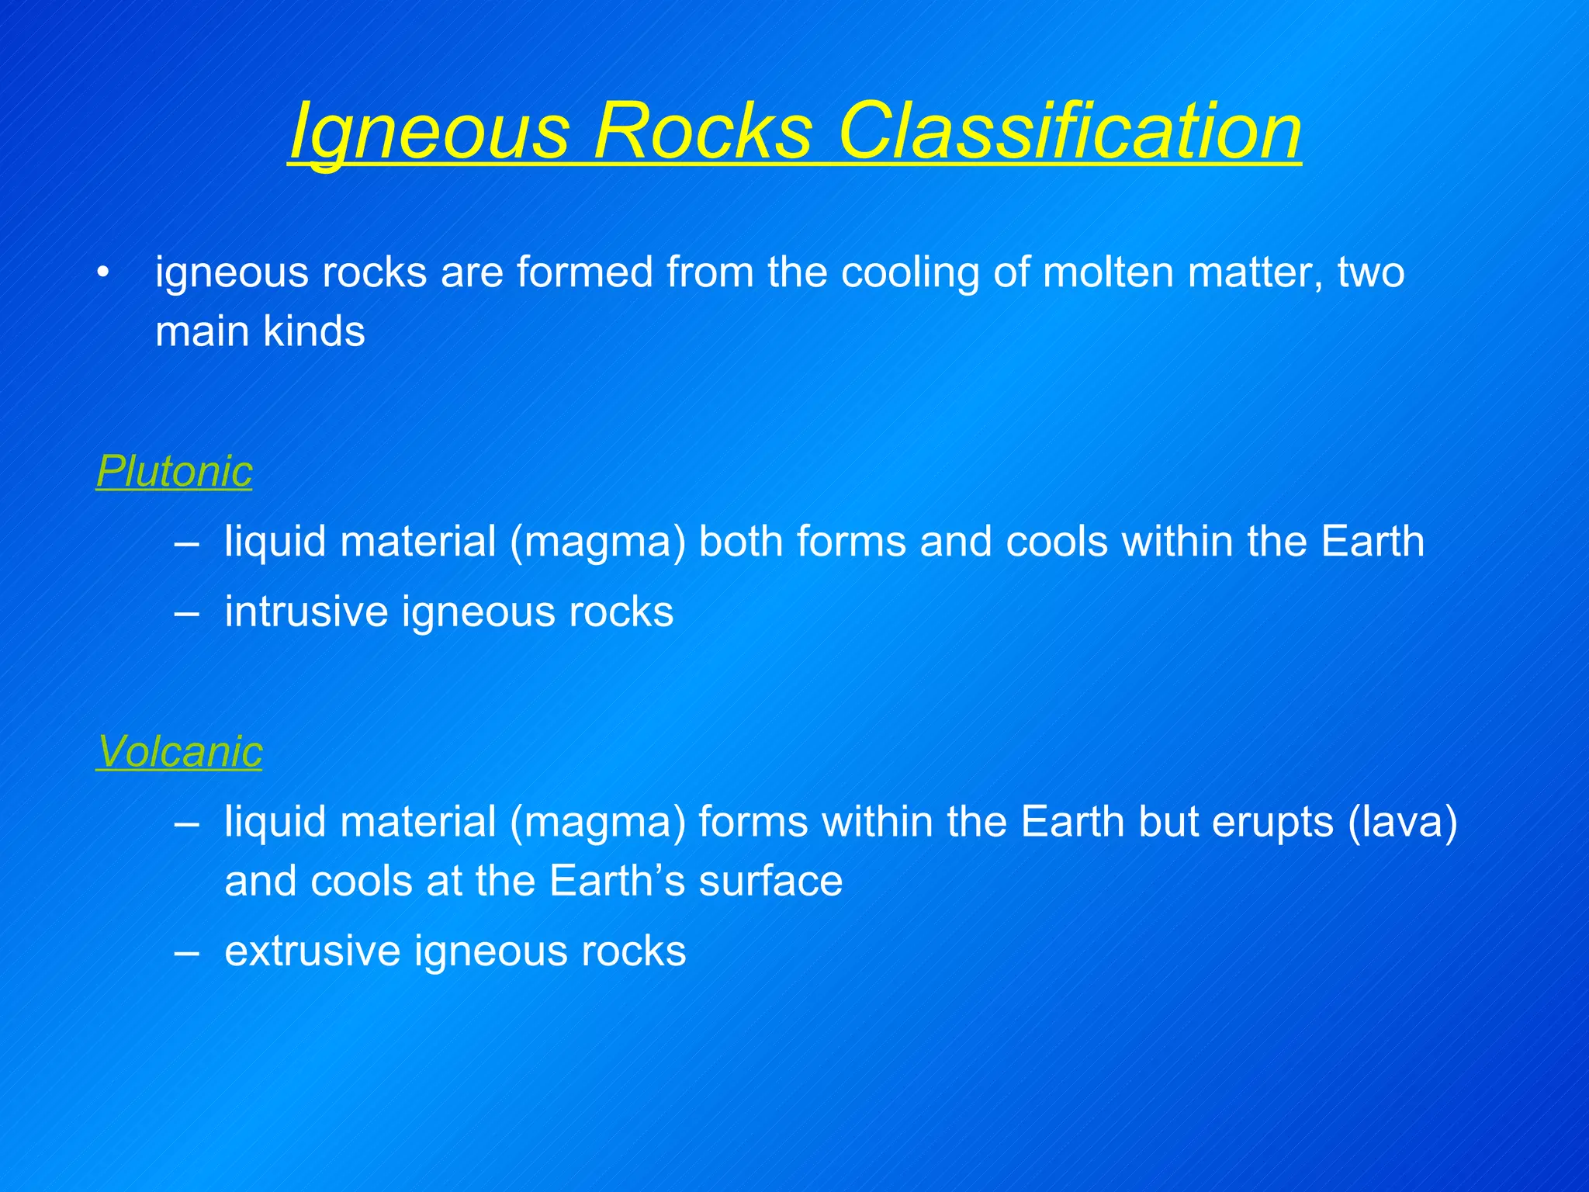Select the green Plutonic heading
tap(175, 471)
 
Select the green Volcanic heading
tap(179, 751)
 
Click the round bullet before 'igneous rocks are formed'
tap(103, 273)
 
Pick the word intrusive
tap(306, 612)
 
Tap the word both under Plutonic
tap(740, 542)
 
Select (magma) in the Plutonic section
tap(597, 542)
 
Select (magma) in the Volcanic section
tap(597, 822)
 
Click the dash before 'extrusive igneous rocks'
tap(186, 952)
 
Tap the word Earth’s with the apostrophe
tap(617, 882)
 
